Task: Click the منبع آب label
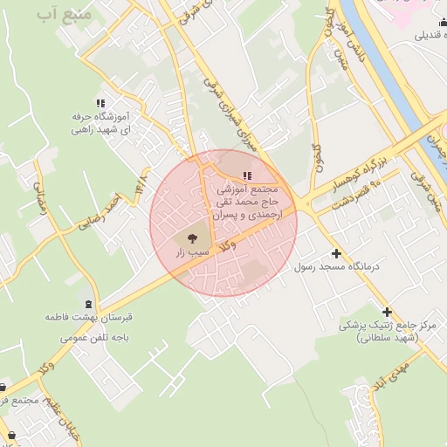pos(62,16)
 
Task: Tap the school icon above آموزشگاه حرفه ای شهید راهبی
pos(100,102)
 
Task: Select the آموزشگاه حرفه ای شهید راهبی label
pos(100,122)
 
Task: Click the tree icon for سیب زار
pos(192,237)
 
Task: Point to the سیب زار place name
pos(193,251)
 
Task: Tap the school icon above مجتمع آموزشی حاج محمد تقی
pos(246,177)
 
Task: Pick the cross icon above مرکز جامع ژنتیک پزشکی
pos(387,311)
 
